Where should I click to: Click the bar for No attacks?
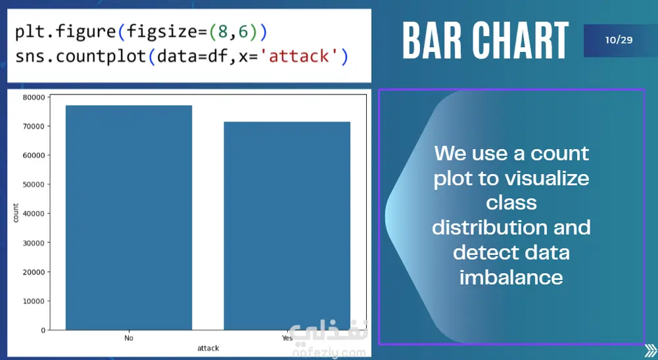(129, 217)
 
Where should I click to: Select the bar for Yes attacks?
(287, 226)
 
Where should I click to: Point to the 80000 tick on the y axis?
(34, 97)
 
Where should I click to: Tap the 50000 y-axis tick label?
(34, 185)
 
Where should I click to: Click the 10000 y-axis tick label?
(34, 302)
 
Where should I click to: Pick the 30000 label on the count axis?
(34, 243)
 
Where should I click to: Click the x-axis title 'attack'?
(208, 348)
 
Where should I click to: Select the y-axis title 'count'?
(16, 213)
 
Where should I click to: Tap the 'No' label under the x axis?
(129, 338)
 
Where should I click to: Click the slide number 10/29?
(619, 40)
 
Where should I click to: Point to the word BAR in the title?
(433, 41)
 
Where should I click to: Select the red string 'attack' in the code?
(299, 56)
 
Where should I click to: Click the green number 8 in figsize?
(222, 32)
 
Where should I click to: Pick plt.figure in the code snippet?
(66, 32)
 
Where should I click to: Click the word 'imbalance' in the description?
(511, 277)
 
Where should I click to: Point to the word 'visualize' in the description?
(550, 178)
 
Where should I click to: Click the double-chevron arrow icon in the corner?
(651, 351)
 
